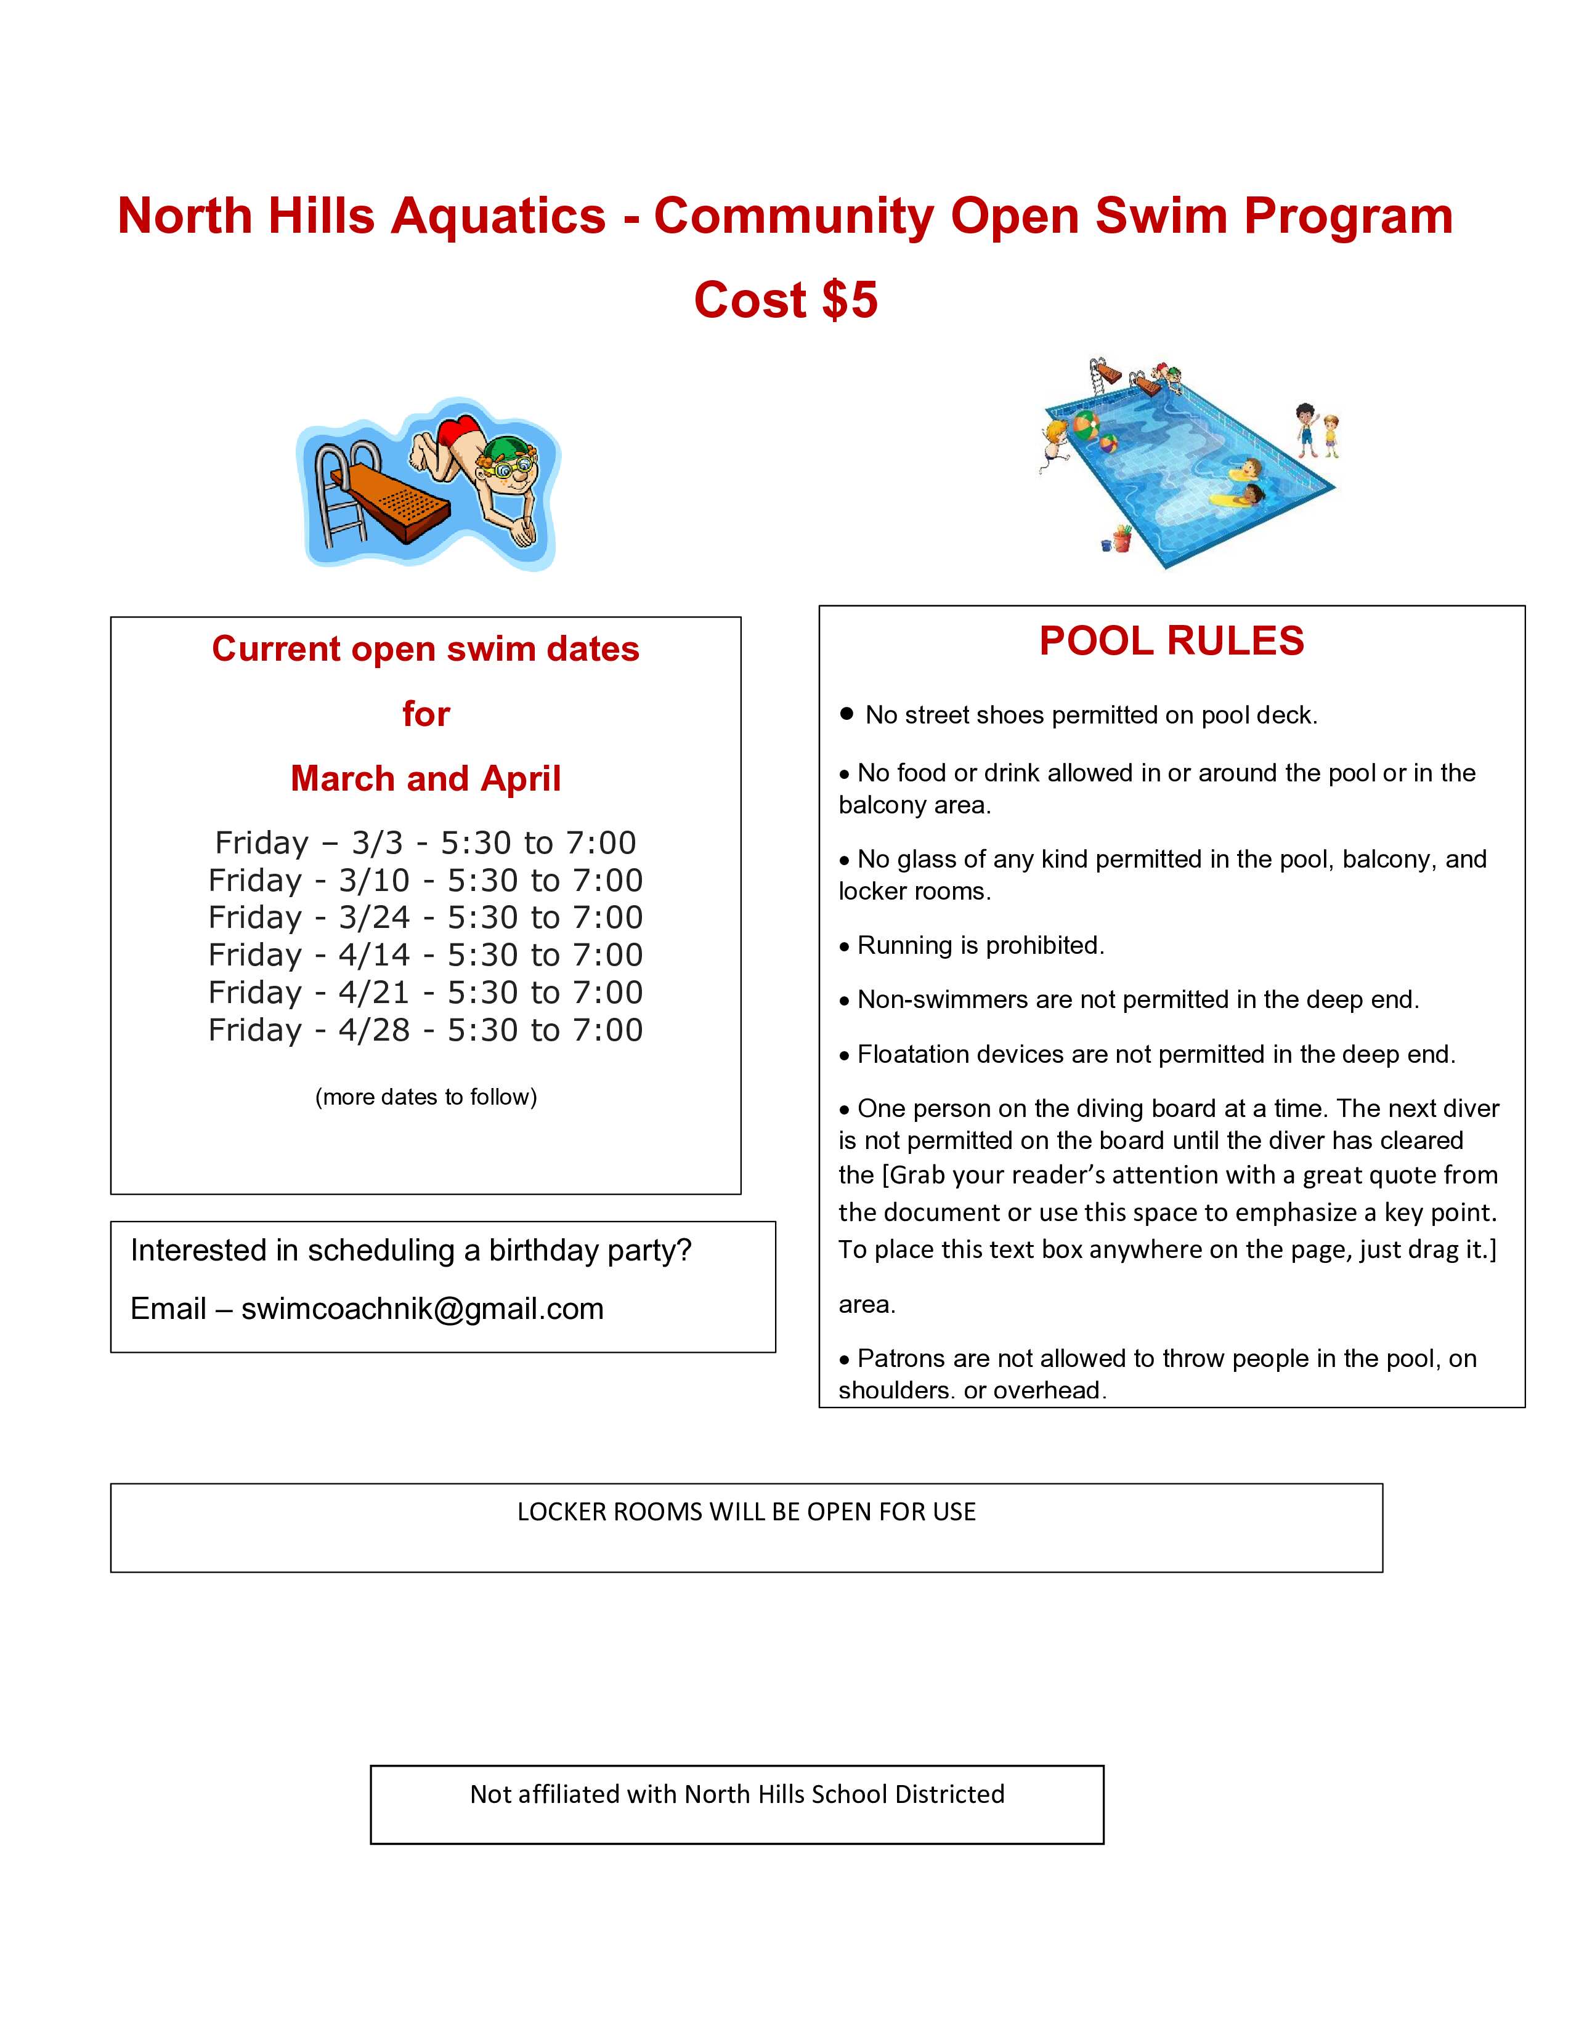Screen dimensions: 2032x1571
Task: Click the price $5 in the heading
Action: [x=850, y=300]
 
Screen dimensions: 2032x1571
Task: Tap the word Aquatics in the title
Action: [x=498, y=217]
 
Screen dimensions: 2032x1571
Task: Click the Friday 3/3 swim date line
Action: [x=425, y=843]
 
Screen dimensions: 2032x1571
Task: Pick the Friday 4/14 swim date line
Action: [x=425, y=956]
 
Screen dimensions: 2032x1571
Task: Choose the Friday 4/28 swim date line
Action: [x=425, y=1030]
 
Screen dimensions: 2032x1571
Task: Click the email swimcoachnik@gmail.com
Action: [x=423, y=1309]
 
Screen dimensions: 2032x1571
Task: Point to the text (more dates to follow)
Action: [x=425, y=1097]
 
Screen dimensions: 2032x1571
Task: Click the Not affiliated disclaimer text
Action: [x=736, y=1794]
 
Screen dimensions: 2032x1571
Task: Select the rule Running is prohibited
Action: [x=980, y=945]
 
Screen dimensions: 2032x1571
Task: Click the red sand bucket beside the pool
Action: [x=1122, y=538]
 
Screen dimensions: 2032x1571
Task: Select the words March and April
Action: [x=425, y=779]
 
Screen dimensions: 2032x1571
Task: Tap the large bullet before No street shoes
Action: [x=846, y=714]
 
